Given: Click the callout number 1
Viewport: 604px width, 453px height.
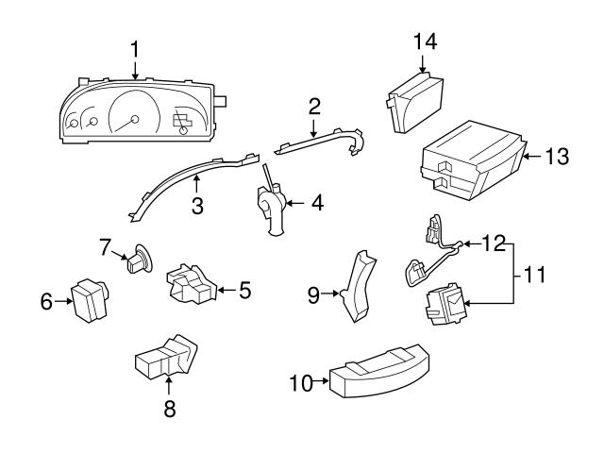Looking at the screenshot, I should coord(135,47).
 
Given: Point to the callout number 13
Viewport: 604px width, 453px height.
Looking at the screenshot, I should coord(557,157).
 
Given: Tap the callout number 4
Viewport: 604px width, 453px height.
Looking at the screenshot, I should coord(317,202).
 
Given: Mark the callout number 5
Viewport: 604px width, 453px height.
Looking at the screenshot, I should coord(244,290).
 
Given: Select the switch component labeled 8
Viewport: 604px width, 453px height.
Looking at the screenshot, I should coord(167,359).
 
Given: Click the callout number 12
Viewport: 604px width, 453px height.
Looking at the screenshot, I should coord(492,243).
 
